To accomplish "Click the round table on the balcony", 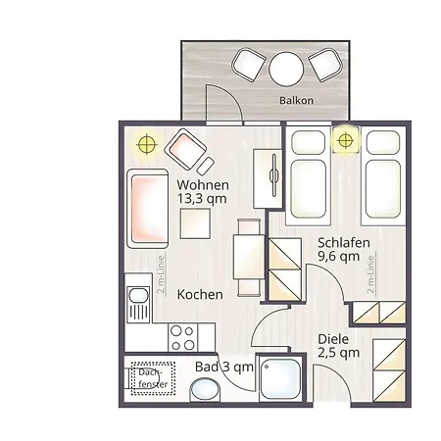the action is (x=286, y=69).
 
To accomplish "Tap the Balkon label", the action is (x=296, y=100).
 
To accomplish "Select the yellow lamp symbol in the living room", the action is (x=147, y=144).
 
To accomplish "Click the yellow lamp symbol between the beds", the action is (x=345, y=141).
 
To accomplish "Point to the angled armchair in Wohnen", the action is (x=185, y=149).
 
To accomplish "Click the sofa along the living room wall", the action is (x=148, y=209).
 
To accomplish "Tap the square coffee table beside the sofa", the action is (x=195, y=223).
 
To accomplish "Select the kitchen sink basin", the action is (x=138, y=295).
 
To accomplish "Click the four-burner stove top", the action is (x=183, y=337).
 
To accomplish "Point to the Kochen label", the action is (x=200, y=295).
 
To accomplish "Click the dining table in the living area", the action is (x=249, y=257).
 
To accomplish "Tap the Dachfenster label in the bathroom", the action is (x=153, y=378).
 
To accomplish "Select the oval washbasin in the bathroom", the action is (x=206, y=389).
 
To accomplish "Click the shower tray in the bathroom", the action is (x=281, y=378).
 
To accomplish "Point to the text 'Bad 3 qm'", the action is (x=224, y=367).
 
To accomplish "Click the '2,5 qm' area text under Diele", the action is (x=338, y=353).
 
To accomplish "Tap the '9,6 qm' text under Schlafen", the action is (x=338, y=257).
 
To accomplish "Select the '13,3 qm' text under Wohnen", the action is (x=202, y=199).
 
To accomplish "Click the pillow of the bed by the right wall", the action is (x=383, y=142).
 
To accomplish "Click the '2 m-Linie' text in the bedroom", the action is (x=370, y=274).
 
